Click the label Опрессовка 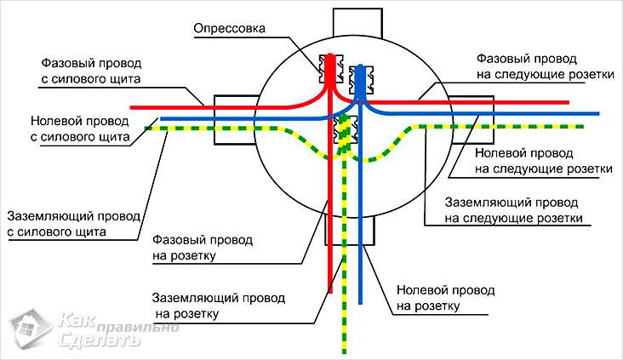coord(231,29)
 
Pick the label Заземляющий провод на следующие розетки coord(514,211)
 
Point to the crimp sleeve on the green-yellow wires coord(346,129)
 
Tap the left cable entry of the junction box coord(234,119)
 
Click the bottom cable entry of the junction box coord(349,229)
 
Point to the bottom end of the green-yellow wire coord(346,351)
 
